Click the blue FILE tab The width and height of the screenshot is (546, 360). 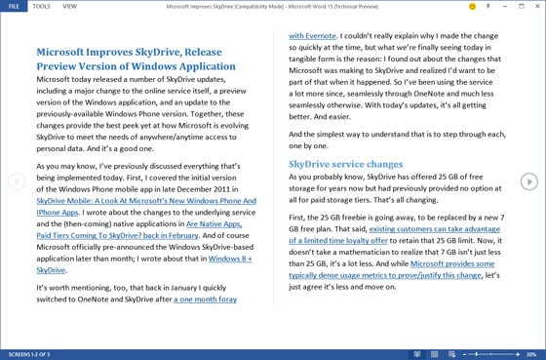[12, 6]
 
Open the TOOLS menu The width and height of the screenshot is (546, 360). [41, 6]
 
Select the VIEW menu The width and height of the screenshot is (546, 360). [71, 6]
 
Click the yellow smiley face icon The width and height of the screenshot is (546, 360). [473, 6]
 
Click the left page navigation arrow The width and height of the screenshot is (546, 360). [16, 181]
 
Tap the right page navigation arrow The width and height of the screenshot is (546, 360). [528, 181]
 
